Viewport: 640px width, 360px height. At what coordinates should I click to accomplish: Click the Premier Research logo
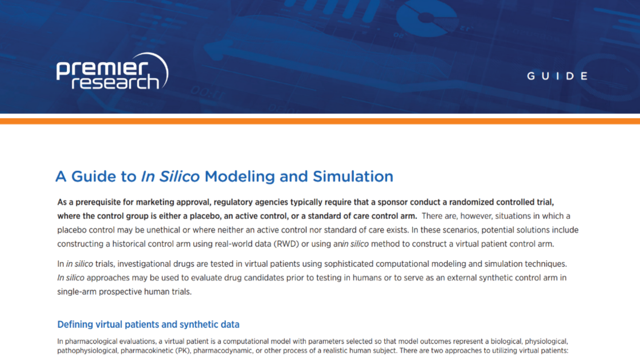point(112,72)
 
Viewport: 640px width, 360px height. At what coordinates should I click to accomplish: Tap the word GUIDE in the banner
point(557,76)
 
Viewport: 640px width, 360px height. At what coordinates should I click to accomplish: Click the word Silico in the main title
point(179,176)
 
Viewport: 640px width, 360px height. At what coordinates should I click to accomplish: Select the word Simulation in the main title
point(353,176)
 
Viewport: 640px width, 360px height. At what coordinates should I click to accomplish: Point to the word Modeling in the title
point(239,176)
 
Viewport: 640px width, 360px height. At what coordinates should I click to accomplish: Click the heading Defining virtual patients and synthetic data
point(148,324)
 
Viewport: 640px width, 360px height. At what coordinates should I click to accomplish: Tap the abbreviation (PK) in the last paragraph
point(183,351)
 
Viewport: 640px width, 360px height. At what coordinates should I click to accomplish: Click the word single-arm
point(77,292)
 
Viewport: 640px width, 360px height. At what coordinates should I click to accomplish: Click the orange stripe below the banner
point(320,121)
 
